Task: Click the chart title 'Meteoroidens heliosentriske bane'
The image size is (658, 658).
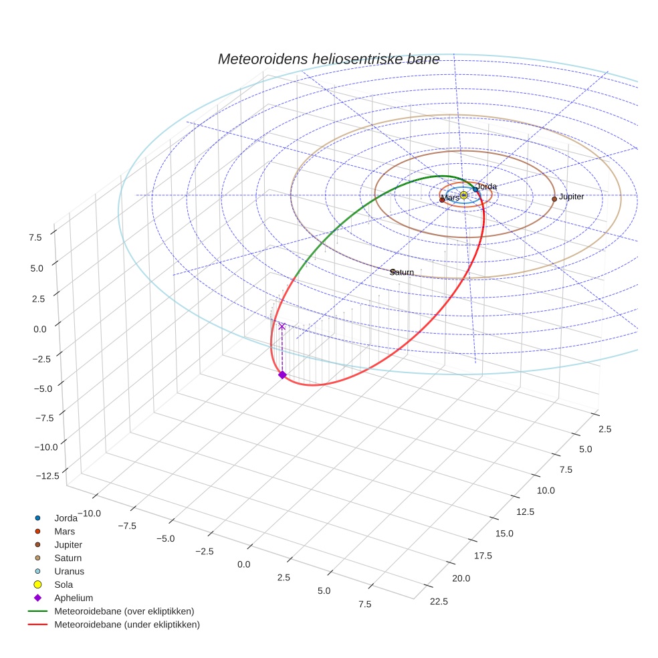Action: tap(328, 59)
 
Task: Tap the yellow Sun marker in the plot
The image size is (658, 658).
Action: tap(463, 195)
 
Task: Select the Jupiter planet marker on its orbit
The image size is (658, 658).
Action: tap(554, 199)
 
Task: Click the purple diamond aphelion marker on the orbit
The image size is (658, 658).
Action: tap(282, 375)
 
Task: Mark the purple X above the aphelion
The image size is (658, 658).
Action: tap(282, 326)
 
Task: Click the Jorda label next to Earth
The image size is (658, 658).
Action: tap(486, 186)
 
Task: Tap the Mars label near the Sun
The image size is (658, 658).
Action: tap(451, 198)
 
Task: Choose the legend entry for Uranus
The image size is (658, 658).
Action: tap(69, 571)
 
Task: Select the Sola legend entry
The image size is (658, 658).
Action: tap(64, 584)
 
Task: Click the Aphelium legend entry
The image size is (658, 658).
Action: tap(73, 598)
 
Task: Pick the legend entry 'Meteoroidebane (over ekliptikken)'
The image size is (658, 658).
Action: tap(124, 611)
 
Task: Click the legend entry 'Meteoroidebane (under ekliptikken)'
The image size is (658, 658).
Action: tap(126, 625)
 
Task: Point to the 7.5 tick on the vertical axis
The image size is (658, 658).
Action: tap(35, 237)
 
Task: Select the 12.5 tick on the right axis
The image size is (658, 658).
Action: tap(526, 512)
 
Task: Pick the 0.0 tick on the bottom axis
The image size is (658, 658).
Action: tap(243, 564)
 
